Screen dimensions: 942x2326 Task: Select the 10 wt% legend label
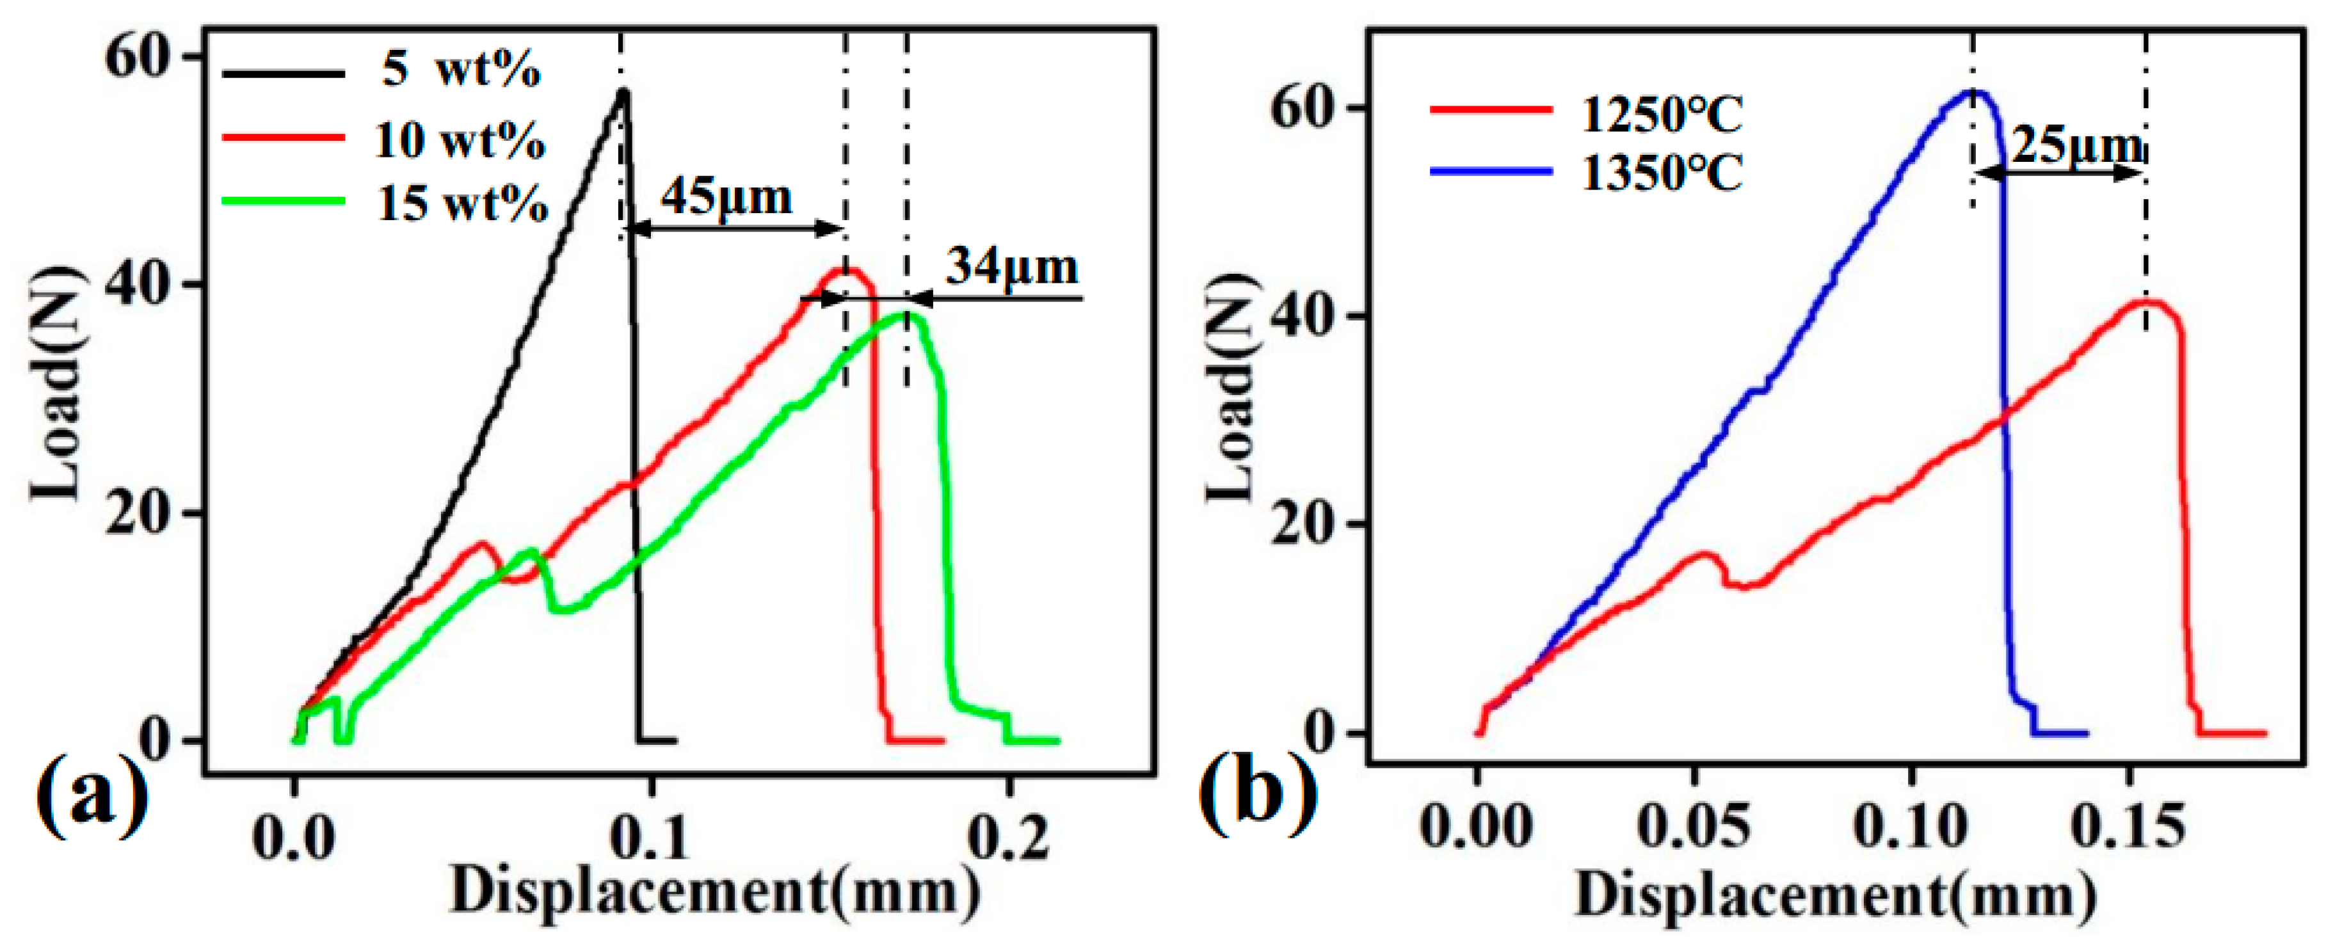(460, 140)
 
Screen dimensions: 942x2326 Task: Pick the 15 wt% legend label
(462, 204)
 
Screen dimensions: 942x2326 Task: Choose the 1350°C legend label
(1662, 173)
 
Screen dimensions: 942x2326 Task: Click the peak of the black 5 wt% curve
(622, 90)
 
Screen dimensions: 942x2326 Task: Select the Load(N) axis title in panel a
(56, 384)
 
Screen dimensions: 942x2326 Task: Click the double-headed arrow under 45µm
(734, 229)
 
